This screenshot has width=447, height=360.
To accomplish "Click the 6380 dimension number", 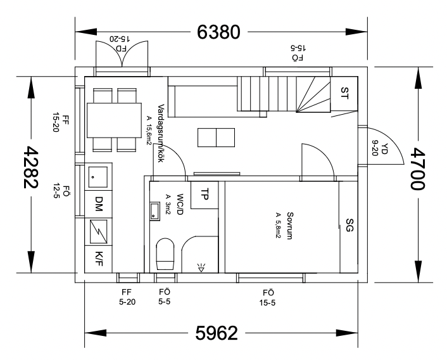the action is [x=218, y=32].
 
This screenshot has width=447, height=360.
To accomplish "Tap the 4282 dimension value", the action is [x=30, y=167].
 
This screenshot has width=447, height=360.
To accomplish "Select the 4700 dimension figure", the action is [x=418, y=169].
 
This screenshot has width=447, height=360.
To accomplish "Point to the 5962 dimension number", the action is [x=217, y=333].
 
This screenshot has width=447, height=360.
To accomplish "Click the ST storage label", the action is [x=344, y=93].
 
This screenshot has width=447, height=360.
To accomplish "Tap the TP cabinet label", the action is [x=205, y=195].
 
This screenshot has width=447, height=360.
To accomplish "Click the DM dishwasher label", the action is [x=98, y=204].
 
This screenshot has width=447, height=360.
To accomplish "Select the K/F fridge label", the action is [x=99, y=259].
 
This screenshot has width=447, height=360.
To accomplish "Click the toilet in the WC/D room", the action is [x=165, y=254].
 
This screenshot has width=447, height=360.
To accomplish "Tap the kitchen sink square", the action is [x=98, y=177].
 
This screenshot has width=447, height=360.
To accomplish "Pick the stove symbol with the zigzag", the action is [x=99, y=231].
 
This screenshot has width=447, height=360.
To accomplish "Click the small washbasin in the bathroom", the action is [x=155, y=212].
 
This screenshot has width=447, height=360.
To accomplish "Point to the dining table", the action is [x=115, y=120].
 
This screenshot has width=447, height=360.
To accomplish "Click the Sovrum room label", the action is [x=290, y=226].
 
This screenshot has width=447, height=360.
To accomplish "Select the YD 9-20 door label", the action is [x=379, y=148].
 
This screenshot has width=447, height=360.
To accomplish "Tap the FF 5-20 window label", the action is [x=127, y=297].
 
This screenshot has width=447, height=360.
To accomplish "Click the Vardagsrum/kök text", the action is [x=161, y=133].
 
